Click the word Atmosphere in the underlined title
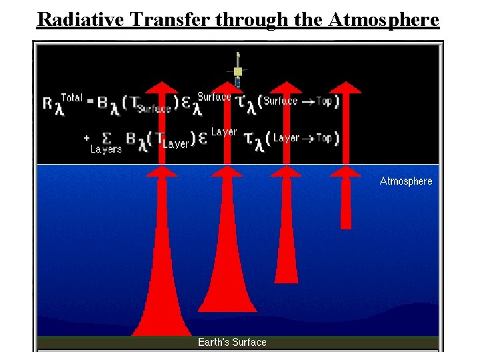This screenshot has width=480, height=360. coord(384,19)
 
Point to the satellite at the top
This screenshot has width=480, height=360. coord(237,71)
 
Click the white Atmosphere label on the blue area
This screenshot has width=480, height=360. coord(405,181)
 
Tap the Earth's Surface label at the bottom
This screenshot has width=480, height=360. coord(232,342)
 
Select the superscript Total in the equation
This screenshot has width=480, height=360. coord(71,98)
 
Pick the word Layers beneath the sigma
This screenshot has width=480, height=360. coord(106,149)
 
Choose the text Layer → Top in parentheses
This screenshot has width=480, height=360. coord(302,138)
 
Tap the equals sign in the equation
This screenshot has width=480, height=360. coord(89,101)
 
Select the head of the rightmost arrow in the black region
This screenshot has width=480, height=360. coord(345,88)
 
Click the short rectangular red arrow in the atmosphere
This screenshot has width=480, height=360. coord(345,203)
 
